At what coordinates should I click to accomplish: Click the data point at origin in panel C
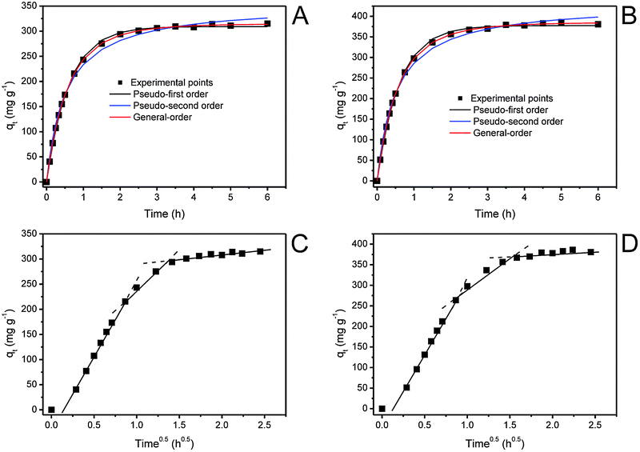click(x=51, y=410)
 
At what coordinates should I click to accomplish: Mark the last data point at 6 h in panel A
click(x=267, y=23)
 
